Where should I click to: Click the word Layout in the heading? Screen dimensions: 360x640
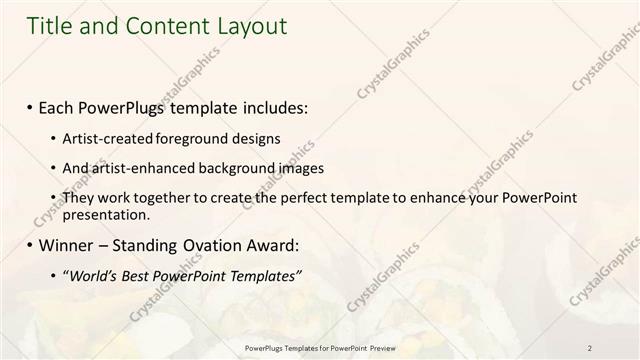251,26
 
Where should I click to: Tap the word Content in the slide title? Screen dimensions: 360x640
163,26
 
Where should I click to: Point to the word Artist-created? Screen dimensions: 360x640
108,137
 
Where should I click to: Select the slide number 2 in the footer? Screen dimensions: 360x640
590,347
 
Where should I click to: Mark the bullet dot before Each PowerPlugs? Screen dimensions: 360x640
30,105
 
